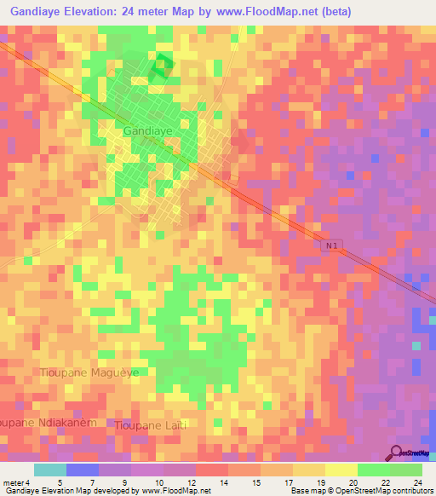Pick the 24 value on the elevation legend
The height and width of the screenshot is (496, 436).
[417, 482]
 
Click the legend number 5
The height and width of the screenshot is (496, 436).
[59, 482]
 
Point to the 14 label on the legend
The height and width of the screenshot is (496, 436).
[224, 482]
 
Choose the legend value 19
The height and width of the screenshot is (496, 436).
[320, 482]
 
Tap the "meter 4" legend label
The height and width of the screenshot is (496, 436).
[16, 482]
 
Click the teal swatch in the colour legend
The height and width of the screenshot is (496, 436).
[50, 470]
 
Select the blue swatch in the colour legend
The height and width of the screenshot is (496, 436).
[83, 470]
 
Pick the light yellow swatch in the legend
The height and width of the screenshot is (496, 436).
[341, 470]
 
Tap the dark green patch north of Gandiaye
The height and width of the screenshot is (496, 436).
[159, 66]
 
